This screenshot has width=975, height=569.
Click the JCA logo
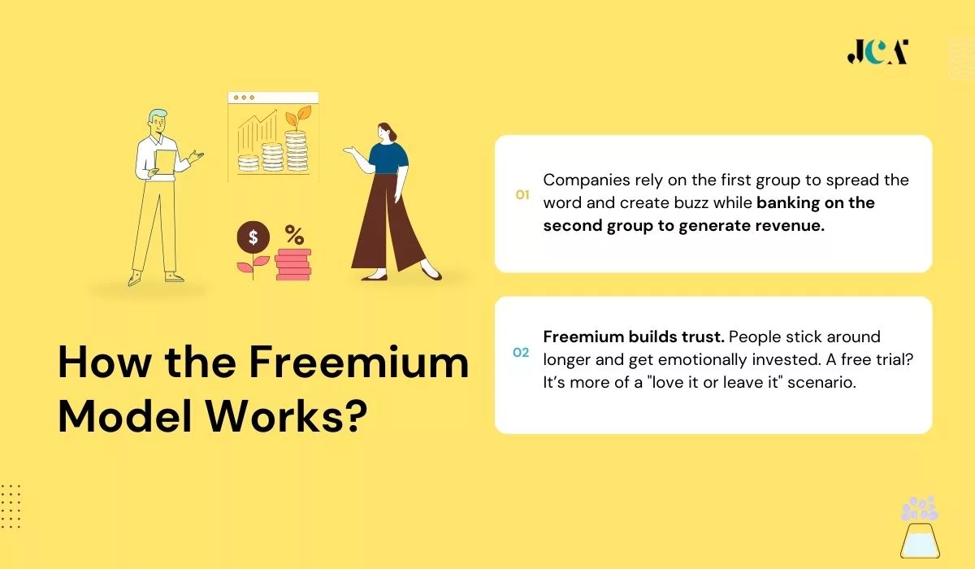pyautogui.click(x=877, y=52)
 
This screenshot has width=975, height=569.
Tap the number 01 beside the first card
pyautogui.click(x=522, y=195)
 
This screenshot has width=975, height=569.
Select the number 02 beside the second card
pyautogui.click(x=521, y=353)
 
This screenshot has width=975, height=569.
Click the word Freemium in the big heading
pyautogui.click(x=358, y=363)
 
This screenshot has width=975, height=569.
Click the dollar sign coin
pyautogui.click(x=253, y=238)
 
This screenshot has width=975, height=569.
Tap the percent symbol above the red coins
pyautogui.click(x=294, y=236)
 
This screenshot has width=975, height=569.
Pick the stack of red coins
pyautogui.click(x=292, y=264)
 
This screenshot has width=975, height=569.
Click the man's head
pyautogui.click(x=157, y=122)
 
